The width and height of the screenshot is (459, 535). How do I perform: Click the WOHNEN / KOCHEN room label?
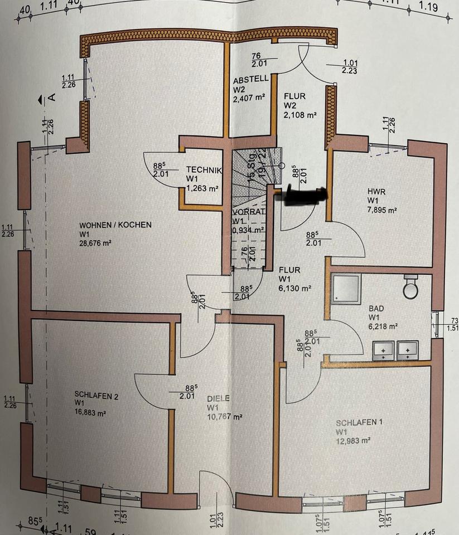point(115,225)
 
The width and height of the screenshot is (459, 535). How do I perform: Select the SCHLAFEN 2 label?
point(96,397)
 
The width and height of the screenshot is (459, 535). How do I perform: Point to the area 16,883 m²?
point(90,414)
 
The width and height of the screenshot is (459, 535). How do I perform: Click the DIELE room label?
point(218,398)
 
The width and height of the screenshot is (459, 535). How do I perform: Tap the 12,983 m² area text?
point(354,440)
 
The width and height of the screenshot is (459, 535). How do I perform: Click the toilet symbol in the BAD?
point(411,286)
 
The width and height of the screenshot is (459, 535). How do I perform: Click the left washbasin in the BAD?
point(384,349)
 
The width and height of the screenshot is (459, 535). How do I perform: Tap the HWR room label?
point(376,191)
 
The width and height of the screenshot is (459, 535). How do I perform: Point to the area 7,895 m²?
point(382,210)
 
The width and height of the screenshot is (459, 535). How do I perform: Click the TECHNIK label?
point(205,170)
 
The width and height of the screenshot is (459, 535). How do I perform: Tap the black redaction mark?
point(303,196)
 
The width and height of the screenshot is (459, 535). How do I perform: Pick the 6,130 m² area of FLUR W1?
point(294,289)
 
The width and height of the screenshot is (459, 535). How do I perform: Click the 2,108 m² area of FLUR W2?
point(300,115)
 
